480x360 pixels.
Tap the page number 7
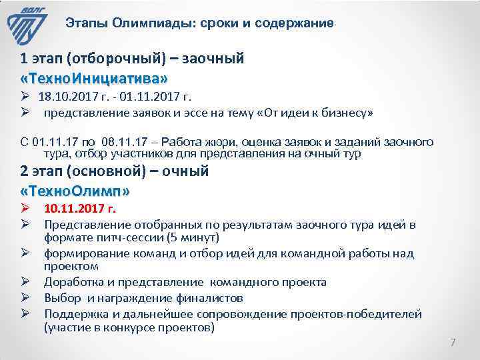[x=453, y=343]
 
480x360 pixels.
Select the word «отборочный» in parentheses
[x=117, y=59]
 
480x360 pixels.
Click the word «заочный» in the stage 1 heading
[x=217, y=59]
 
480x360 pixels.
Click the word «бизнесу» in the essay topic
[x=350, y=113]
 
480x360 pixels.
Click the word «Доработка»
[x=73, y=282]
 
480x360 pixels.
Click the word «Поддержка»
[x=75, y=313]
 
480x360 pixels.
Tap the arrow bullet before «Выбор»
[x=27, y=297]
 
